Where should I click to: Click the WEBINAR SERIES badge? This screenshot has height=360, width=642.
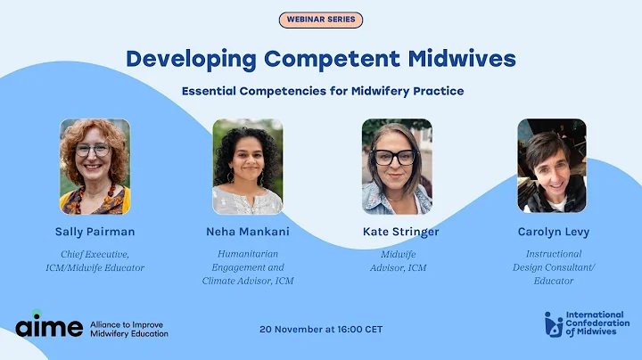pyautogui.click(x=321, y=20)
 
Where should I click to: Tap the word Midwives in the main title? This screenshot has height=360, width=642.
pyautogui.click(x=462, y=59)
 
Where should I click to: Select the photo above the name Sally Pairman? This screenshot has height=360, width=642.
pyautogui.click(x=95, y=167)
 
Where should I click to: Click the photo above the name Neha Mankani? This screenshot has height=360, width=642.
pyautogui.click(x=247, y=167)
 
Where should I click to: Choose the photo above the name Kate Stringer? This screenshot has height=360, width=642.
pyautogui.click(x=397, y=167)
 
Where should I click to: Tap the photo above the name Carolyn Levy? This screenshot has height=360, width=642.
pyautogui.click(x=551, y=167)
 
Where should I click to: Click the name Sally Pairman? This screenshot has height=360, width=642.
pyautogui.click(x=95, y=232)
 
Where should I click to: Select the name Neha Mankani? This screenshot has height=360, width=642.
pyautogui.click(x=248, y=232)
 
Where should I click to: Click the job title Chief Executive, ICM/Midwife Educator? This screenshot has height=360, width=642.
pyautogui.click(x=95, y=260)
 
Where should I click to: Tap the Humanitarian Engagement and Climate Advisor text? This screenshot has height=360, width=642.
pyautogui.click(x=249, y=266)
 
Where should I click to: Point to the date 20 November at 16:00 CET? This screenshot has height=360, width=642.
pyautogui.click(x=321, y=329)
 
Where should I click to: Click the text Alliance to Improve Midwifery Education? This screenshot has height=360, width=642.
pyautogui.click(x=129, y=328)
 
